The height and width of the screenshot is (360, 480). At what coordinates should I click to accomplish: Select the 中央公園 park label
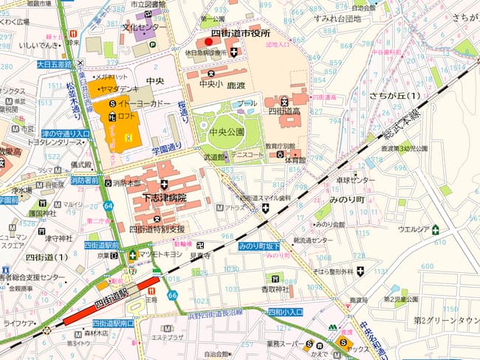tap(225, 132)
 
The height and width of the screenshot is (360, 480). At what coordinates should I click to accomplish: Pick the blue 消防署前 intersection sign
tap(85, 180)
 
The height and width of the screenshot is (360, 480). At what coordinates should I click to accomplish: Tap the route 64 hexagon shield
tap(109, 205)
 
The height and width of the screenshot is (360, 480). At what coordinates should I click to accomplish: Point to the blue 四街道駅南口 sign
tap(113, 323)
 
